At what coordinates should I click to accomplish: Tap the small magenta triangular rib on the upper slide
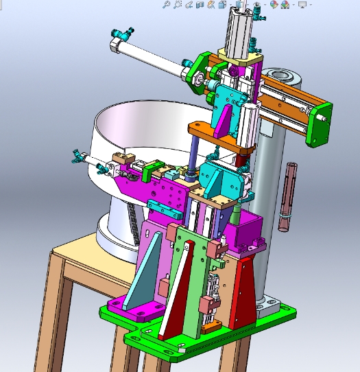pos(224,121)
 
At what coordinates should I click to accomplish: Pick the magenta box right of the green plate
pos(243,233)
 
